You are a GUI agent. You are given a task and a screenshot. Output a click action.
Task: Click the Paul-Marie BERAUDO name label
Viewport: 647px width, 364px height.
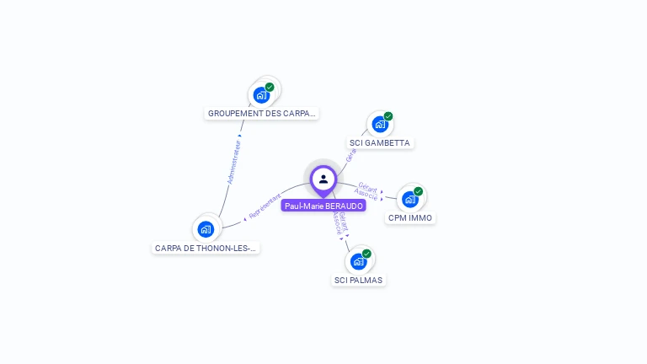point(323,206)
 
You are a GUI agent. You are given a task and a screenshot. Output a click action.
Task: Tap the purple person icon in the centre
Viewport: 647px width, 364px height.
point(323,179)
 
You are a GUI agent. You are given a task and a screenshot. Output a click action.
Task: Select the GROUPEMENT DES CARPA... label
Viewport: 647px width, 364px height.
point(261,113)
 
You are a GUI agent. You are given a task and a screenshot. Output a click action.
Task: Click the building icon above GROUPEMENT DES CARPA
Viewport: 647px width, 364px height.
point(261,94)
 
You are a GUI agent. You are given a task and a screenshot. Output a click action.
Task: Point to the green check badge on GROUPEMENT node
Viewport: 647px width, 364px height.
point(270,87)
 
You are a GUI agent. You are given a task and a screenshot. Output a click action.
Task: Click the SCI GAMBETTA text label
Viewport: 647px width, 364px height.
point(379,143)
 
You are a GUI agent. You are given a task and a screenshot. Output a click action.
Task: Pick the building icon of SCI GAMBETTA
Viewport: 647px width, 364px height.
point(380,125)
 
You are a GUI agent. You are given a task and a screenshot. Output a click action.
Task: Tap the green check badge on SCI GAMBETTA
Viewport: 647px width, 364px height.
point(388,116)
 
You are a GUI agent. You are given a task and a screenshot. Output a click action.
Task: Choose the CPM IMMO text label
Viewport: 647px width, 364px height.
point(410,217)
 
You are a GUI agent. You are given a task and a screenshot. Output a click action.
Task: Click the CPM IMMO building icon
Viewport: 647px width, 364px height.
point(409,200)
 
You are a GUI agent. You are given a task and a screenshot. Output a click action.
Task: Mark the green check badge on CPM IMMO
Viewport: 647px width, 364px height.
point(418,191)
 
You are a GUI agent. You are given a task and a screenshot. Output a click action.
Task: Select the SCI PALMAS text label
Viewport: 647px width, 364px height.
point(359,280)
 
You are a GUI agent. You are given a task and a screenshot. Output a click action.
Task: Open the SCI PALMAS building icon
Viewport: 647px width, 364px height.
point(358,261)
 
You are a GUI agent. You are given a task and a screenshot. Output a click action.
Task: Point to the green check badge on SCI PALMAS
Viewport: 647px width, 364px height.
point(366,253)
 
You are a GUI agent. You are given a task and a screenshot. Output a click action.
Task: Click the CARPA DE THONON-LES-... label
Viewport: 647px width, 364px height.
point(206,248)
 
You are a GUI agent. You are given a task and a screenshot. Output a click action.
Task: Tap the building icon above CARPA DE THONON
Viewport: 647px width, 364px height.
point(206,228)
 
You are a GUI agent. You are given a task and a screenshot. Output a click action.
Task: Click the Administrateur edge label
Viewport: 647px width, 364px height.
point(234,162)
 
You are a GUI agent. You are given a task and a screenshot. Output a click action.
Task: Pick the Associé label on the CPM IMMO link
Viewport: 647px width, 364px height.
point(366,194)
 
